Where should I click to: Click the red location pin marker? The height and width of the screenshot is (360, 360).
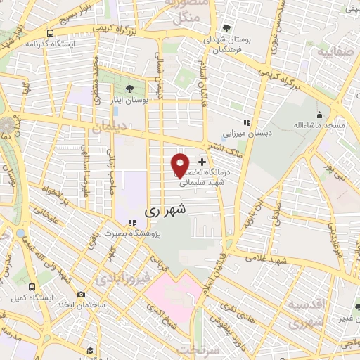coord(179,165)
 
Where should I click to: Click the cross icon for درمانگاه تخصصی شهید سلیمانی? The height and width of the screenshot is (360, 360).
coord(202,162)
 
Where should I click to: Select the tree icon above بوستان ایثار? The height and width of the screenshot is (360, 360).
coord(129,88)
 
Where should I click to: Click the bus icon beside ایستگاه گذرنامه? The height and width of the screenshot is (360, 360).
coord(50,32)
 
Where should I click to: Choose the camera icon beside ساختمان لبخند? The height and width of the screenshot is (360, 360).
coord(82,294)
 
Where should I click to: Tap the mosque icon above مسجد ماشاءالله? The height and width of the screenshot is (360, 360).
coord(320,115)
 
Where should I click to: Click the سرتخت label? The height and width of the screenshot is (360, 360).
coord(195,349)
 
